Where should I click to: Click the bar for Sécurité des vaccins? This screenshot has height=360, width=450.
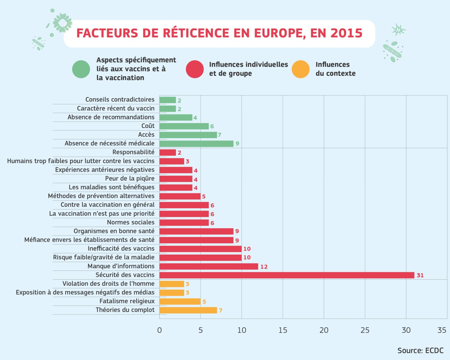point(287,275)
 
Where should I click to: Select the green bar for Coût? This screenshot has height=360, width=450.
point(184,126)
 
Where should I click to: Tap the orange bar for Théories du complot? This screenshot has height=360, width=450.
point(188,310)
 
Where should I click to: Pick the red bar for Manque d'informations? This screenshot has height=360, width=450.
point(209,266)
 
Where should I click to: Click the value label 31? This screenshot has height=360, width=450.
point(420,275)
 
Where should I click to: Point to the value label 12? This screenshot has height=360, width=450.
point(264,267)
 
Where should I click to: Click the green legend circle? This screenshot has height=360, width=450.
point(81,69)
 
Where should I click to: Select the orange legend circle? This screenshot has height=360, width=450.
point(300,69)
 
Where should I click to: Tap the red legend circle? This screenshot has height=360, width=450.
point(195,69)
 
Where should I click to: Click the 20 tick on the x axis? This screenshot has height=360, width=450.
point(324,330)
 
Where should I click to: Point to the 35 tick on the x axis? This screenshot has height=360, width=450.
point(442,330)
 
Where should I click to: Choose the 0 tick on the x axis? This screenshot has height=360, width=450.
point(159,330)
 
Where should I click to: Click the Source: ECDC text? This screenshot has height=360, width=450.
point(420,351)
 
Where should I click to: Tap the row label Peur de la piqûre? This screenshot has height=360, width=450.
point(130,178)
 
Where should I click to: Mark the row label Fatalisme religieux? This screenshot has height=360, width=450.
point(127,301)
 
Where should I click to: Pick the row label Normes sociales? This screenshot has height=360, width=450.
point(131,222)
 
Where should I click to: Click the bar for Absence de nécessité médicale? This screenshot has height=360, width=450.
point(196,143)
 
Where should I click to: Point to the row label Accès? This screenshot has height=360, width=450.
point(146,135)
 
